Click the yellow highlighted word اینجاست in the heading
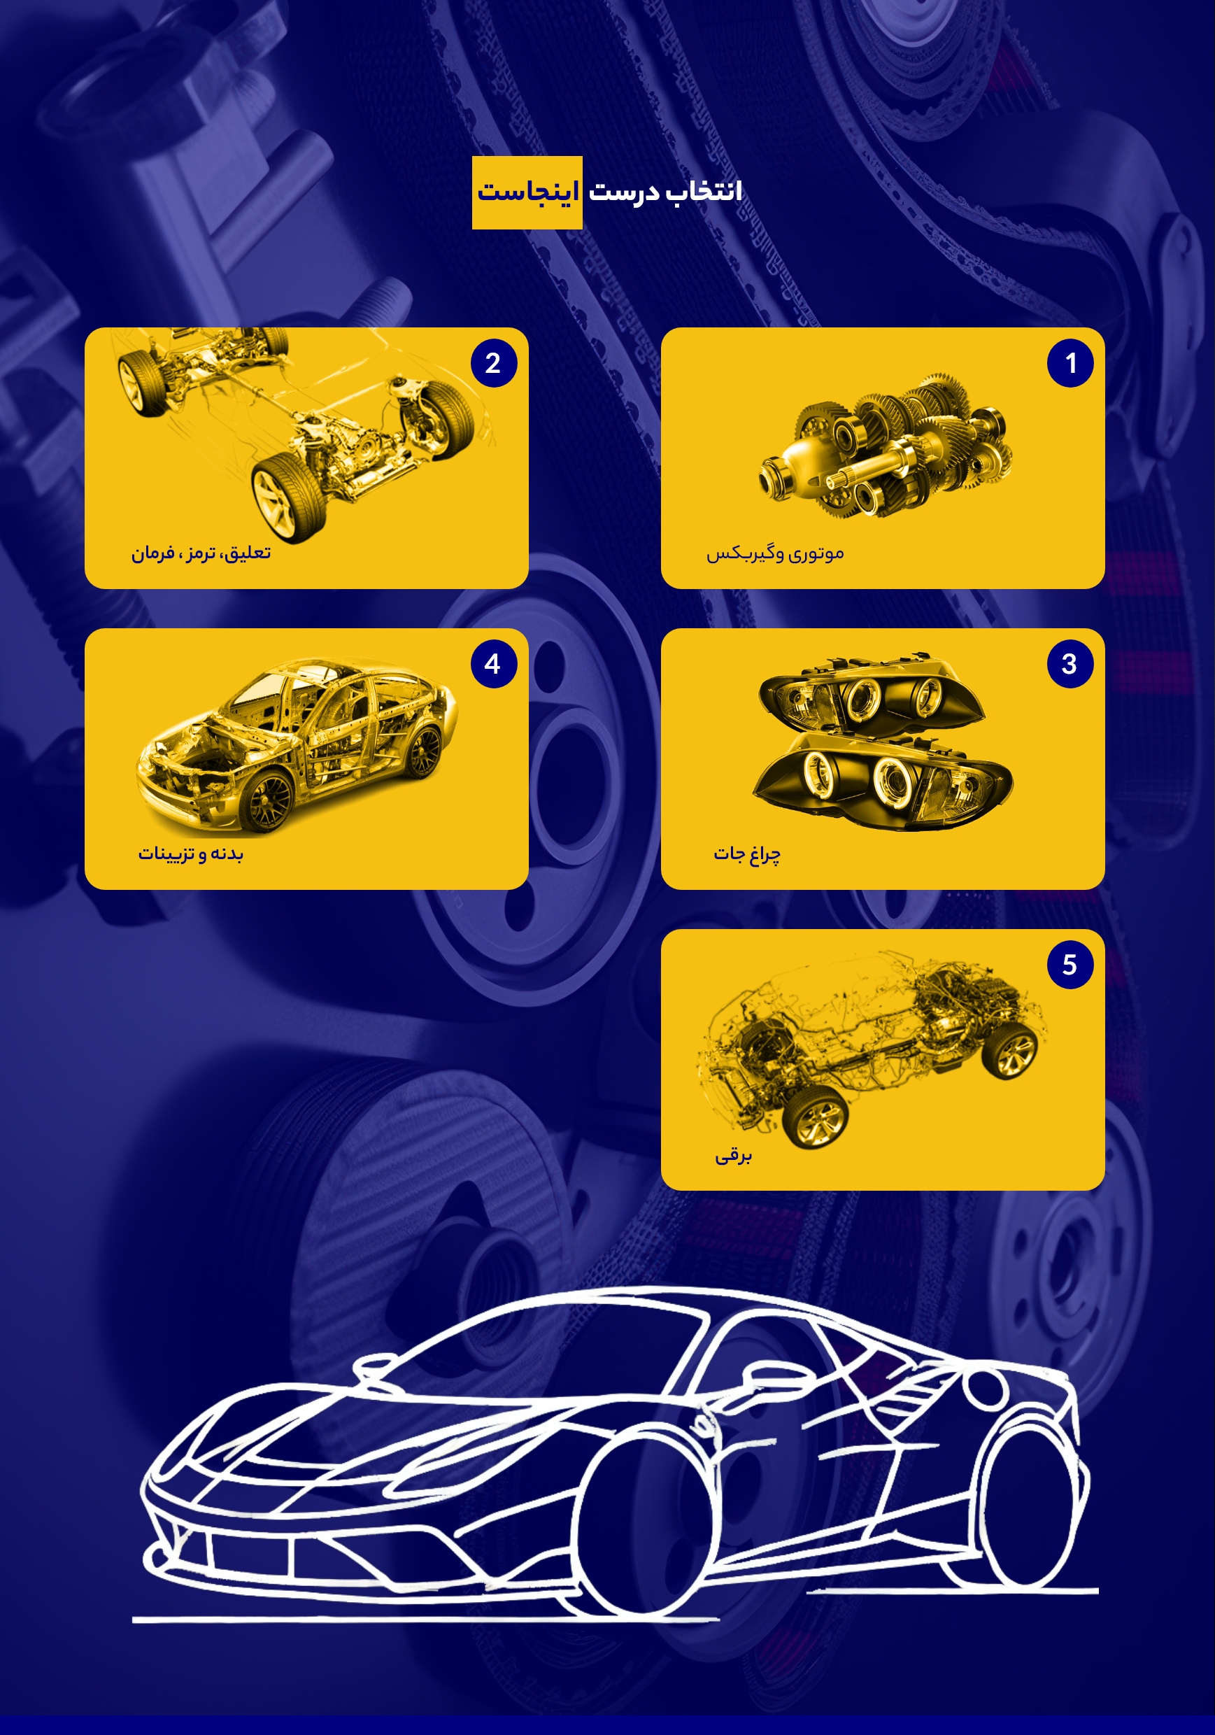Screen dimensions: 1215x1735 pyautogui.click(x=527, y=192)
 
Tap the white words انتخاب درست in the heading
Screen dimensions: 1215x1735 pyautogui.click(x=665, y=191)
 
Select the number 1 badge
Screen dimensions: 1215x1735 pyautogui.click(x=1070, y=364)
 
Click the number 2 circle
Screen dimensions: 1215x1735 pyautogui.click(x=493, y=364)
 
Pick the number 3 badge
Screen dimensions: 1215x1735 pyautogui.click(x=1070, y=664)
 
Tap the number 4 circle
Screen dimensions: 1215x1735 pyautogui.click(x=493, y=664)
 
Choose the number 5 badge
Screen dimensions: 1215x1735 pyautogui.click(x=1070, y=965)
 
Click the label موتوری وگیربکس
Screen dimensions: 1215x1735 pyautogui.click(x=775, y=554)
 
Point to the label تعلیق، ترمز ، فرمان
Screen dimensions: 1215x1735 pyautogui.click(x=201, y=553)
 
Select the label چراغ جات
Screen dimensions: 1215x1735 pyautogui.click(x=747, y=854)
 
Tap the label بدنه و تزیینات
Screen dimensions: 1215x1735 pyautogui.click(x=190, y=854)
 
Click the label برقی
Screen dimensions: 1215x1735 pyautogui.click(x=734, y=1156)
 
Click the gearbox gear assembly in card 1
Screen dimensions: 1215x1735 pyautogui.click(x=886, y=446)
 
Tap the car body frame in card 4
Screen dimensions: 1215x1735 pyautogui.click(x=296, y=744)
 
